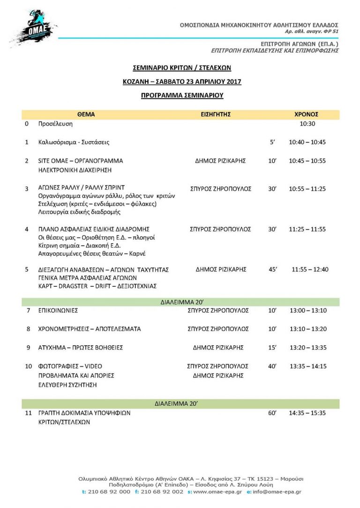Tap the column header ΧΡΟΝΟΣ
pos(306,114)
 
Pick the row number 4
pos(27,229)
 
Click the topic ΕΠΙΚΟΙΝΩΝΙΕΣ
pos(58,310)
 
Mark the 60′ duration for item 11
pos(272,413)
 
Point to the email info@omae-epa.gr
pos(278,492)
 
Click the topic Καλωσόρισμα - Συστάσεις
pos(74,142)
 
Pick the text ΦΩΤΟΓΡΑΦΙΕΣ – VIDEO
pos(70,366)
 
